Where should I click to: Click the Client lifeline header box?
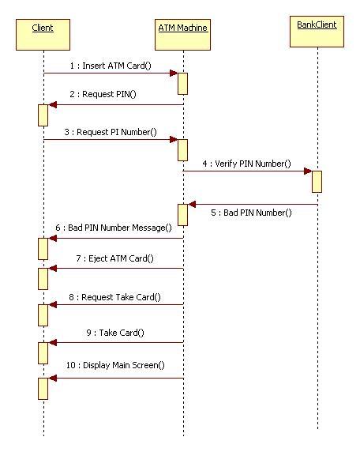point(43,33)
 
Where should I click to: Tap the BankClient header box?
point(317,31)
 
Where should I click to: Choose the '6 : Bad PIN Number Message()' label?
point(113,228)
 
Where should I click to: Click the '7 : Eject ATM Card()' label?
point(115,258)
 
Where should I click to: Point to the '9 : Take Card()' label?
point(115,333)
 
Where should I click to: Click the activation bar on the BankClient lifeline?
point(317,181)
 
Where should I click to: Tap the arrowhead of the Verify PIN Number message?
point(307,171)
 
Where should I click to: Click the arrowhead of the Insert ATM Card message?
point(173,73)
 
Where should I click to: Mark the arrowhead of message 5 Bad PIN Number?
point(193,205)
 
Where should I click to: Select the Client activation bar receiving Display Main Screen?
point(43,387)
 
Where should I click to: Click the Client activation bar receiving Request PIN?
point(43,115)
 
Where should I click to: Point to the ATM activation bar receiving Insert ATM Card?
point(182,83)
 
